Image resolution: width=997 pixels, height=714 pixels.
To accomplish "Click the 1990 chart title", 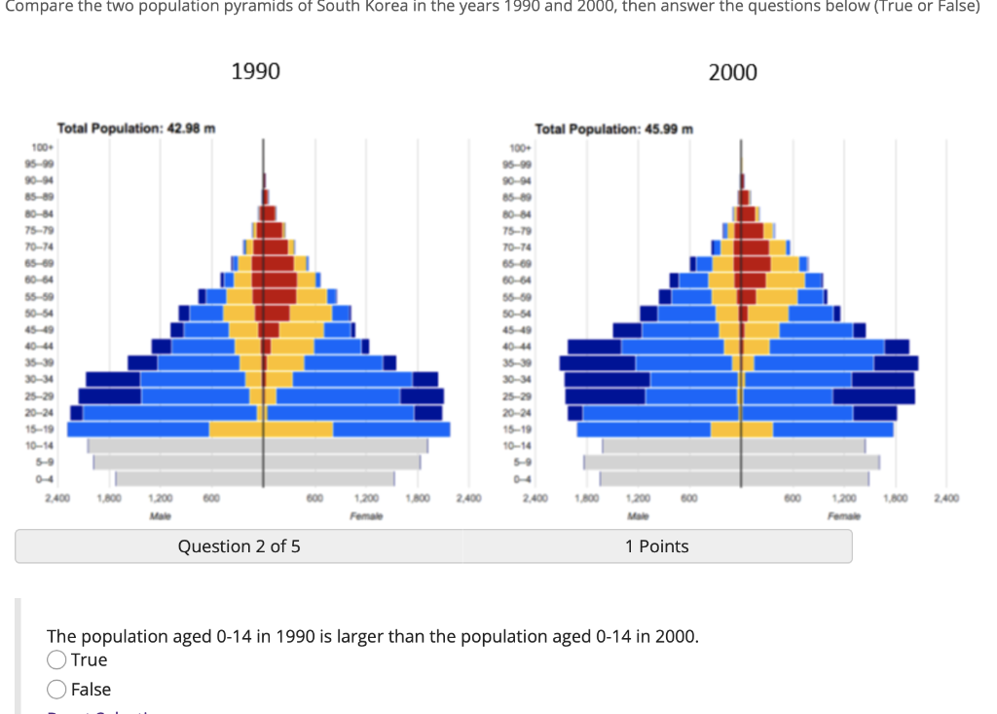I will (x=255, y=71).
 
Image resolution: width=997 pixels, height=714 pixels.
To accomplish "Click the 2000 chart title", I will (x=732, y=72).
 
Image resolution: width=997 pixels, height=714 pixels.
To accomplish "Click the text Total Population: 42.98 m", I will (x=136, y=129).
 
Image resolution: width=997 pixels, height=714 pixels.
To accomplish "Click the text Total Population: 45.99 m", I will (x=613, y=129).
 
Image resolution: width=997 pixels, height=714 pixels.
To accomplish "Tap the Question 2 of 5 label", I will (x=239, y=546).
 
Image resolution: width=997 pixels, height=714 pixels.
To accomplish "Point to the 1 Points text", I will (x=656, y=546).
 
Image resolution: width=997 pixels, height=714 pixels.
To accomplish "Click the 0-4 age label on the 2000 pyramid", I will (x=516, y=478).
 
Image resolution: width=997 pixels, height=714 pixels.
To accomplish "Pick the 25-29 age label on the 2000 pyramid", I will (x=516, y=395).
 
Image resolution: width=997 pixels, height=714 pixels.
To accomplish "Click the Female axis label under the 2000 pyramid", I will (x=843, y=514).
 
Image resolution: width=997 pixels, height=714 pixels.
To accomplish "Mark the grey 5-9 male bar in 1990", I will (x=175, y=462).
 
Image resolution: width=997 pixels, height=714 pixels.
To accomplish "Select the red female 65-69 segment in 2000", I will (x=756, y=263).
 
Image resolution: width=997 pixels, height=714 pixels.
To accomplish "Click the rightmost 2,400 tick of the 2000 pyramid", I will (x=944, y=499).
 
